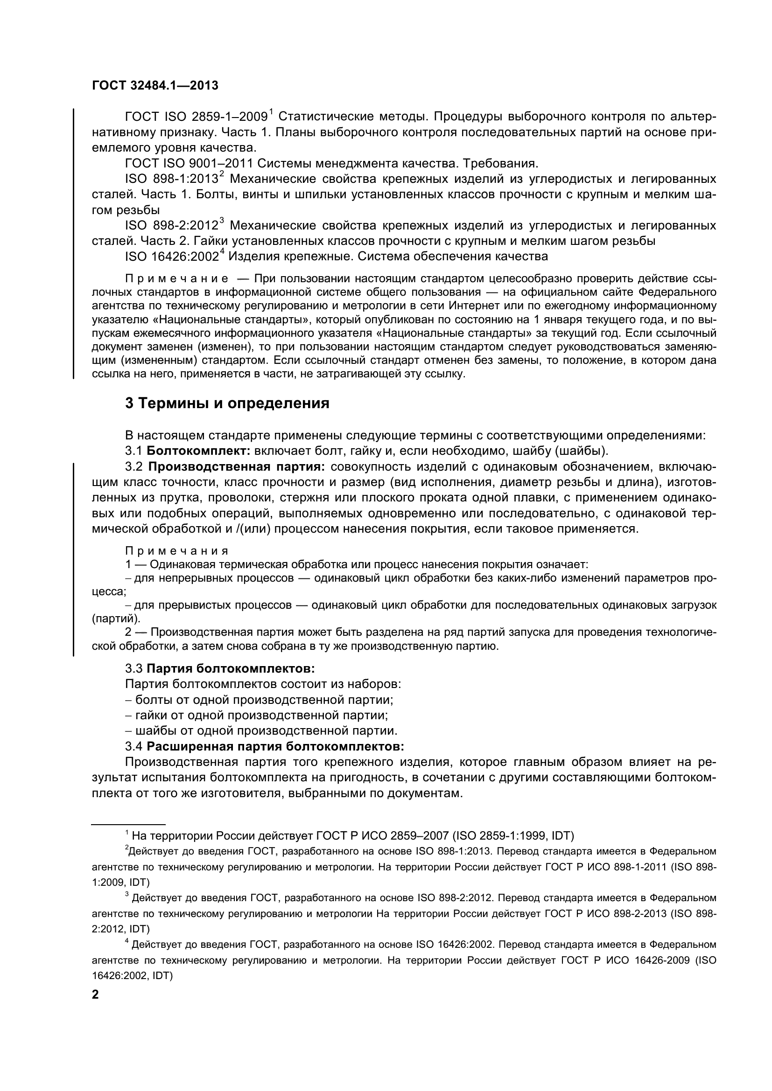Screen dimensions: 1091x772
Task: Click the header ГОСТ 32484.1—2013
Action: point(154,85)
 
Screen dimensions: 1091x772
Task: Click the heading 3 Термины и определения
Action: point(227,403)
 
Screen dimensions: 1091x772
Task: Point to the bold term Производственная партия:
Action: point(237,466)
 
